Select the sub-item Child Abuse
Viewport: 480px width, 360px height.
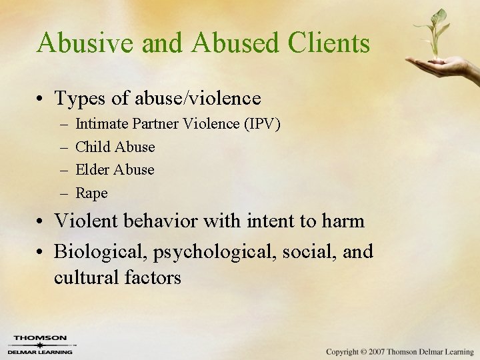coord(115,147)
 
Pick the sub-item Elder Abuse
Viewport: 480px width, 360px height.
coord(115,170)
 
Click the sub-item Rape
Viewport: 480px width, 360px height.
coord(91,193)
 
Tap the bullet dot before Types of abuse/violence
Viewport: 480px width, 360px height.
coord(41,99)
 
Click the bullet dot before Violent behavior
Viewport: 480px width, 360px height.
coord(41,221)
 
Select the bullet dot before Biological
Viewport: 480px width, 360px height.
coord(41,252)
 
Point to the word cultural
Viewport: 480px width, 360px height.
coord(85,277)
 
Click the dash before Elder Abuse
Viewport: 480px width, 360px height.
coord(63,170)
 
